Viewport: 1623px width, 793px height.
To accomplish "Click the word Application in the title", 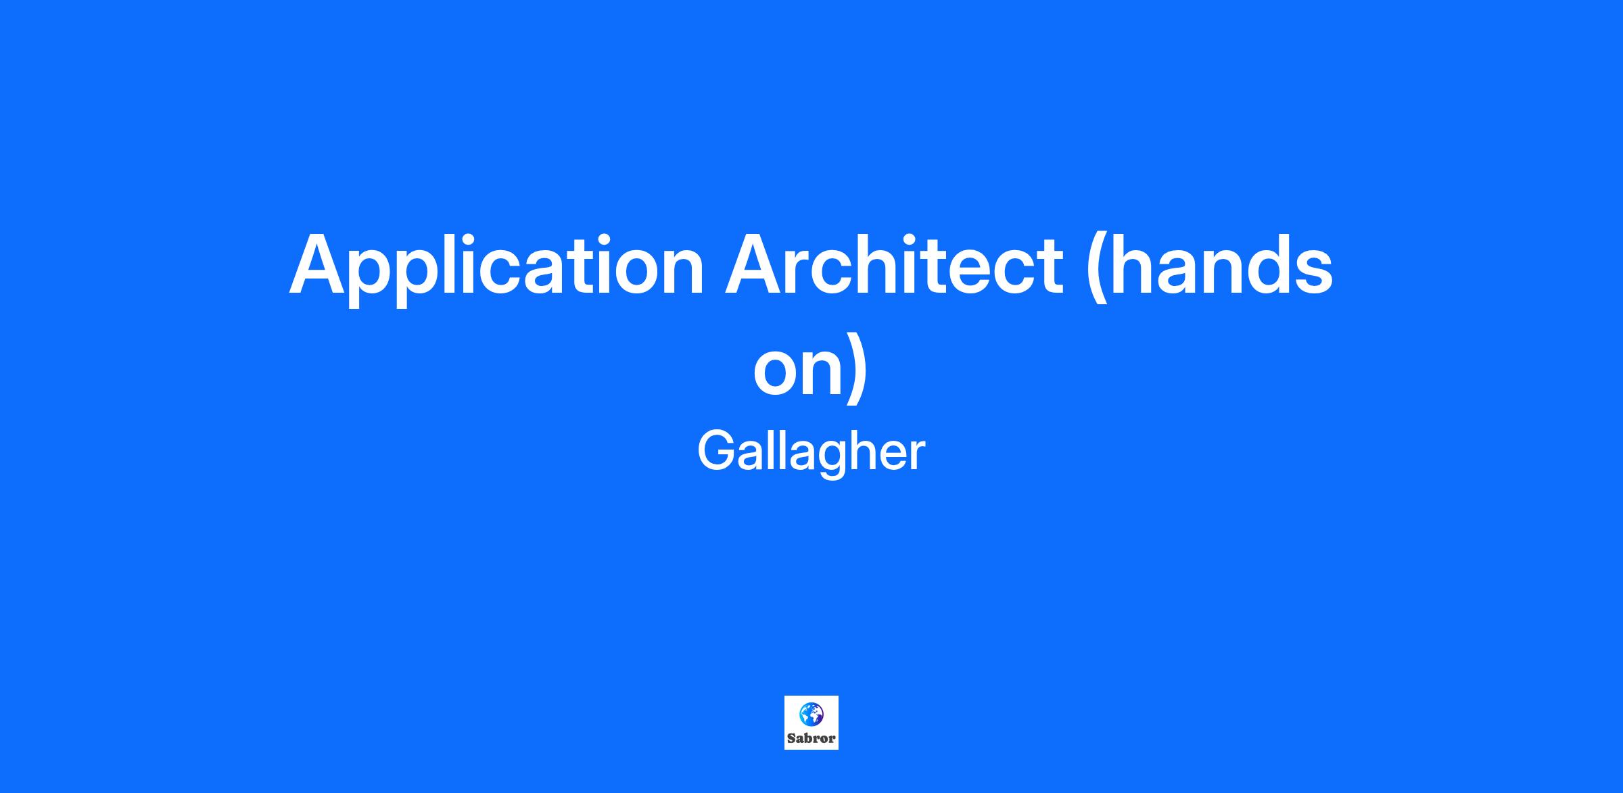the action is coord(497,268).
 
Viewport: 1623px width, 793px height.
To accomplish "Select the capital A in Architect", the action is coord(757,264).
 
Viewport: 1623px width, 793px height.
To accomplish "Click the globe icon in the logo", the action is coord(811,713).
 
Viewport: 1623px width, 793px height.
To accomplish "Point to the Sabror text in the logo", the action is coord(811,738).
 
